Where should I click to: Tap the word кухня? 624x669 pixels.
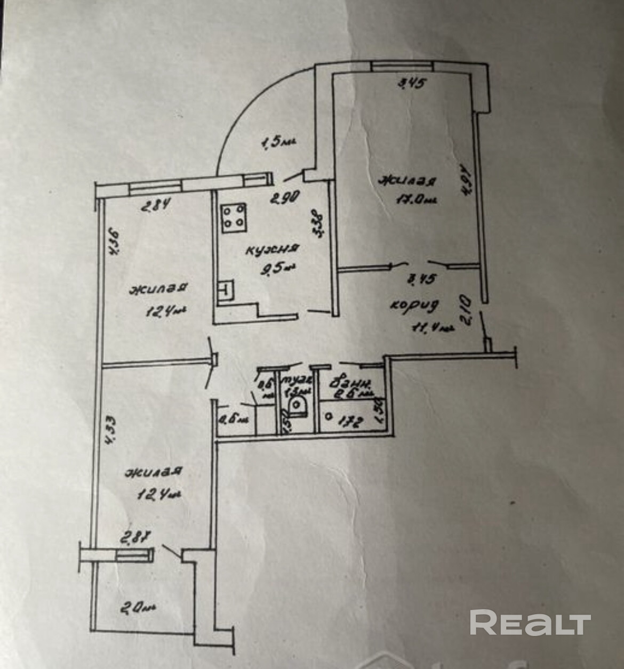coord(271,249)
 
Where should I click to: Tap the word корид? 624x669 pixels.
coord(414,305)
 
